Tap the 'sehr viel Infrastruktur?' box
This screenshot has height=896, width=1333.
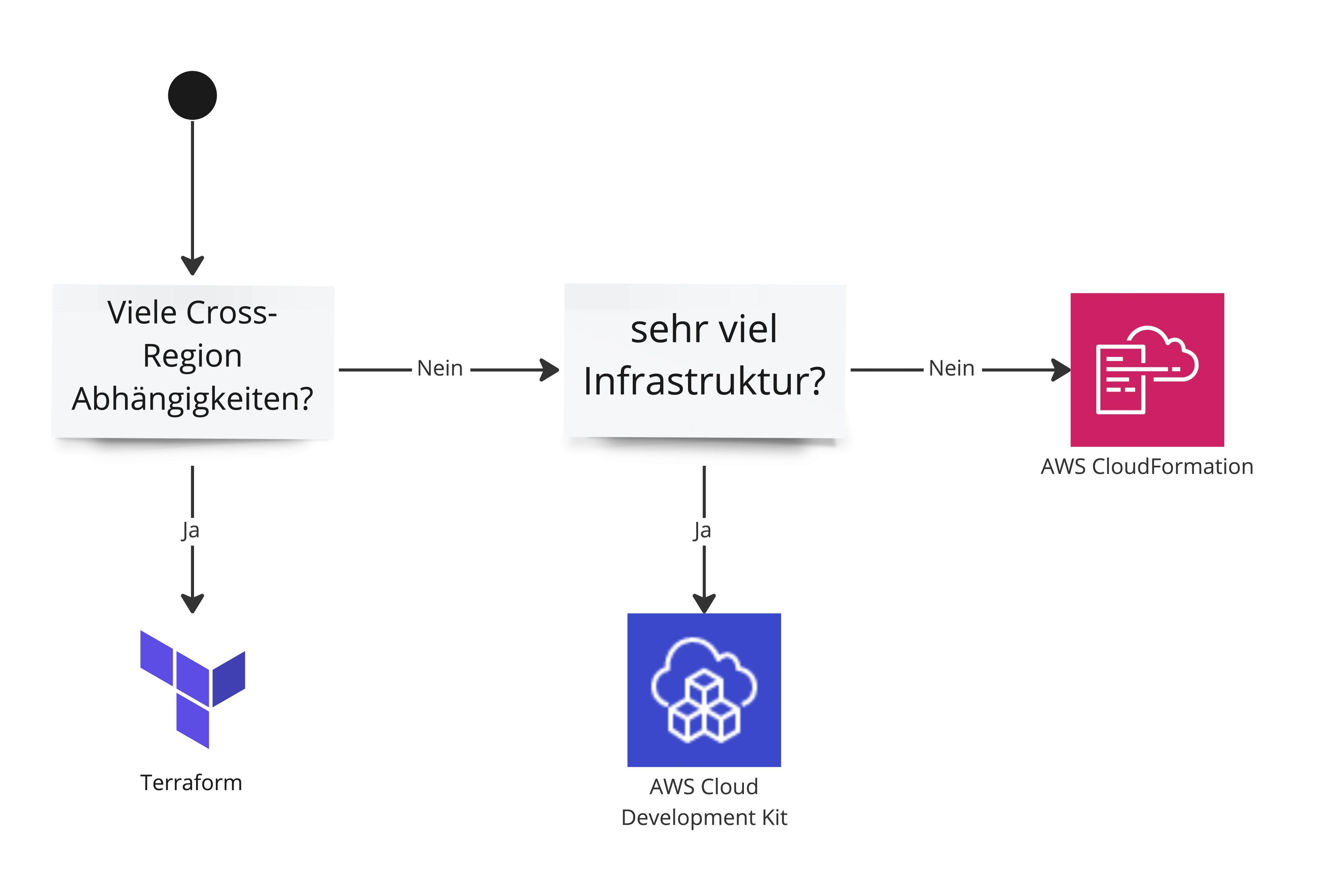click(704, 360)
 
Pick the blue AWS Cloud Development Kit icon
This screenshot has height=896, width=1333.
click(704, 690)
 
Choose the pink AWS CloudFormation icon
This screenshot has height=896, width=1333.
click(1147, 370)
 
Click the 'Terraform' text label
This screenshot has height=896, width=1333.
click(191, 782)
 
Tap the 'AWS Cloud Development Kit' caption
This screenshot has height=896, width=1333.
click(704, 802)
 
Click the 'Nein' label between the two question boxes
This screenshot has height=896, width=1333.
click(440, 369)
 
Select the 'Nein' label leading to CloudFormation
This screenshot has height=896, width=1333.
click(951, 369)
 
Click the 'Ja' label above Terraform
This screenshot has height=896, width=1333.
click(191, 530)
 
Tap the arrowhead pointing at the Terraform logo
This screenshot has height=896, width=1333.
click(193, 603)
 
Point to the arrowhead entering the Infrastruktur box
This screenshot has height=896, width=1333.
click(550, 370)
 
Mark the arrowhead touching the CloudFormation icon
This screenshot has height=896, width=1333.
click(1062, 370)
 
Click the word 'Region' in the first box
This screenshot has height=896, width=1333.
click(193, 356)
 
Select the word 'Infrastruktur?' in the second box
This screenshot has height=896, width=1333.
click(704, 381)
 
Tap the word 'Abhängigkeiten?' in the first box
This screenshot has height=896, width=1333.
click(193, 399)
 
